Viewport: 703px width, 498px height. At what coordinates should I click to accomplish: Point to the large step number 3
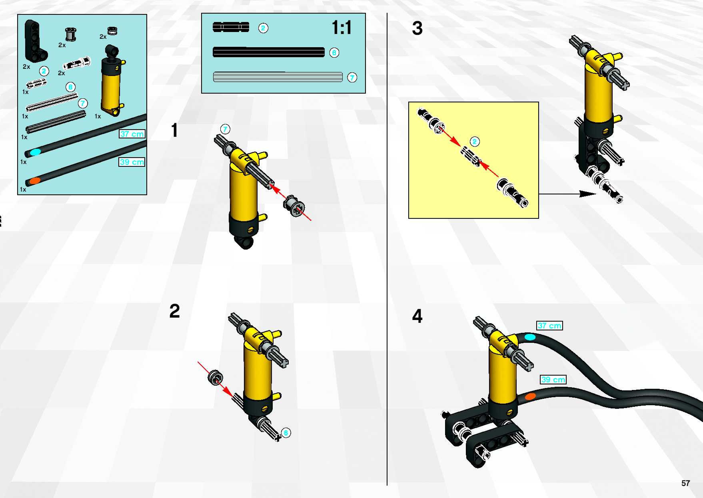point(417,28)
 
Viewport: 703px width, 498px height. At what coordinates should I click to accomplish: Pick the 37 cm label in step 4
point(550,325)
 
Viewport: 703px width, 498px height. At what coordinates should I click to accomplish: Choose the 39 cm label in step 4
point(553,379)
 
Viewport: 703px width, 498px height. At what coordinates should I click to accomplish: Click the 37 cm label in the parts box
point(132,134)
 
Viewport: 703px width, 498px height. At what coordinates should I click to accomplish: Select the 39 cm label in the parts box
point(132,162)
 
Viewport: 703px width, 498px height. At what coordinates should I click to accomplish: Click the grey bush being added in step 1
point(294,207)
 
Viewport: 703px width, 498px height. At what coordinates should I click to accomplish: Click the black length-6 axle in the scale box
point(269,52)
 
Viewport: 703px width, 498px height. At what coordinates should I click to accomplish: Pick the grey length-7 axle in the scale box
point(278,77)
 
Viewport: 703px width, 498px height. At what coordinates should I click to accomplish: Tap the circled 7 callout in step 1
point(225,129)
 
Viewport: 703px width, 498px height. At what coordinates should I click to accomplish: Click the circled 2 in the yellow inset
point(475,141)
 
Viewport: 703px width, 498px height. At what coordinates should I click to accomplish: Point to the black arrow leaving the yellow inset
point(567,194)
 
